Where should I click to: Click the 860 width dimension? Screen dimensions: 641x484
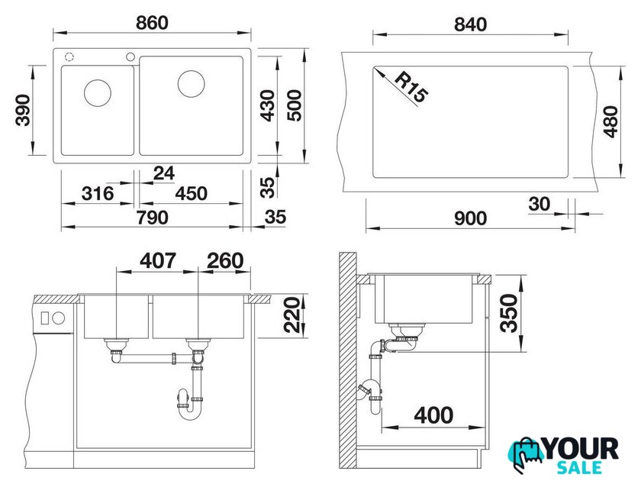[x=152, y=23]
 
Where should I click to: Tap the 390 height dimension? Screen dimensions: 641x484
[x=23, y=110]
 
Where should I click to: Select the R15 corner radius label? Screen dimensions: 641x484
[x=411, y=88]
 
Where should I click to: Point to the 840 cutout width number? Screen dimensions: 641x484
[x=470, y=25]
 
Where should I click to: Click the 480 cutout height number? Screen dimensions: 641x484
[x=611, y=121]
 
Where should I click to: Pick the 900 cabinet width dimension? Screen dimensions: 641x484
[x=470, y=218]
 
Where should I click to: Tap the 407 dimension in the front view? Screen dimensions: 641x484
[x=158, y=260]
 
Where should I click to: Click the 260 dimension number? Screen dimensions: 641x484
[x=225, y=260]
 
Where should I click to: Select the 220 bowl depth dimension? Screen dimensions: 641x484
[x=292, y=315]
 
